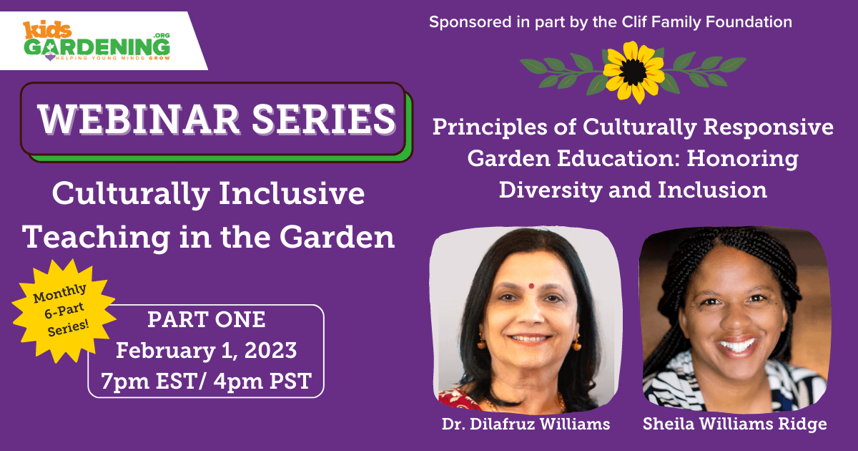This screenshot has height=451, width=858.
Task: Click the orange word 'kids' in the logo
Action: pyautogui.click(x=47, y=30)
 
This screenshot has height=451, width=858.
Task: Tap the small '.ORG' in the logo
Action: pyautogui.click(x=162, y=35)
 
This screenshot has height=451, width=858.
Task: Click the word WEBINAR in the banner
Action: pyautogui.click(x=138, y=120)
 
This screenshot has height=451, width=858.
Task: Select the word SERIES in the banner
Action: pyautogui.click(x=324, y=120)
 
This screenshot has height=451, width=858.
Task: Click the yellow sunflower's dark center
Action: pyautogui.click(x=633, y=72)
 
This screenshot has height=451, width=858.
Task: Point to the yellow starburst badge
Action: pyautogui.click(x=64, y=311)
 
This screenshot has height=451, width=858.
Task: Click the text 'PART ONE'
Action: pyautogui.click(x=207, y=319)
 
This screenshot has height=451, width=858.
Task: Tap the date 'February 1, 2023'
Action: pyautogui.click(x=206, y=350)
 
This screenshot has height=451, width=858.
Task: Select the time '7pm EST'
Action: pyautogui.click(x=150, y=381)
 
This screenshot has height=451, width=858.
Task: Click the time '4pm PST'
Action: pyautogui.click(x=262, y=381)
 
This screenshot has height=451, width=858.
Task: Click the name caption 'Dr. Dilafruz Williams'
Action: pyautogui.click(x=526, y=424)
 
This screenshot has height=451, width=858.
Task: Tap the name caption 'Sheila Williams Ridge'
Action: pyautogui.click(x=735, y=424)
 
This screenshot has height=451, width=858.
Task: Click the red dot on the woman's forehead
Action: pyautogui.click(x=531, y=286)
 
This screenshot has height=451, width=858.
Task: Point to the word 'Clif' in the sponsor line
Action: pyautogui.click(x=634, y=22)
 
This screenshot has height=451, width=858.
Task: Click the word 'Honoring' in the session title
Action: pyautogui.click(x=742, y=159)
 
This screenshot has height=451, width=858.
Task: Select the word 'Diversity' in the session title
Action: pyautogui.click(x=550, y=190)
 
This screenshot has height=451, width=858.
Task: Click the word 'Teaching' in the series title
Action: pyautogui.click(x=96, y=238)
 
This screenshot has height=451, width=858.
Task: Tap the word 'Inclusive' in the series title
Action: pyautogui.click(x=292, y=193)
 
